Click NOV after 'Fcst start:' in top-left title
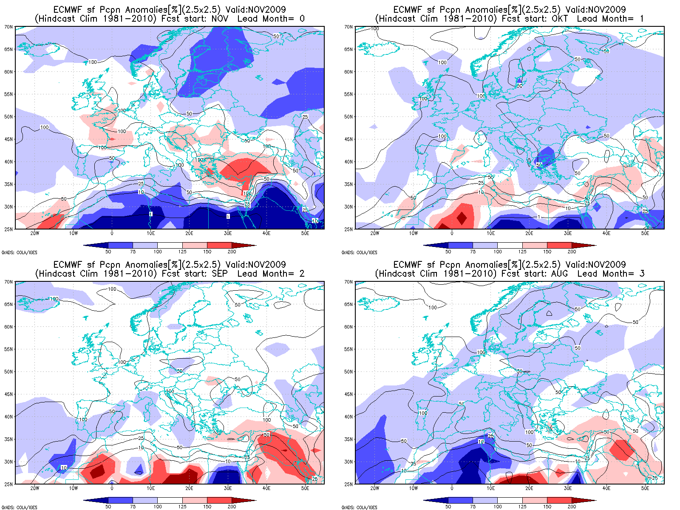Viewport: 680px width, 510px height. (x=220, y=19)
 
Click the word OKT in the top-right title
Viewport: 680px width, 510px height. (x=559, y=19)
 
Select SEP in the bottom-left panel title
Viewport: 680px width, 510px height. (x=220, y=274)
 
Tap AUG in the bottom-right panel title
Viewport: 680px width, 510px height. (x=559, y=274)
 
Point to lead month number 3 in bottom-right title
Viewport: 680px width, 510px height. (x=641, y=274)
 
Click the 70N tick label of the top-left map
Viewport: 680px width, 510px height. (x=8, y=27)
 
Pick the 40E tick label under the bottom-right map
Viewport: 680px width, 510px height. (x=606, y=488)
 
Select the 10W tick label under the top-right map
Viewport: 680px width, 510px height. (x=413, y=233)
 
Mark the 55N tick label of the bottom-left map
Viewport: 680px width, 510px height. (x=8, y=349)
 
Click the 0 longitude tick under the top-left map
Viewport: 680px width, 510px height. (x=112, y=233)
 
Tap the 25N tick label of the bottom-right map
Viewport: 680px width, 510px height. (x=348, y=484)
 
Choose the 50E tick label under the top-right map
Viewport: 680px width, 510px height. (x=645, y=233)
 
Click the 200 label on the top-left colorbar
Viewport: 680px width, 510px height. (x=232, y=252)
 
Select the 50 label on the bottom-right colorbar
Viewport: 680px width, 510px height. (x=448, y=507)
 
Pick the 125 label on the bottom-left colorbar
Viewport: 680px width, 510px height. (x=182, y=507)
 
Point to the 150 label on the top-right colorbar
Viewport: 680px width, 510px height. (x=547, y=252)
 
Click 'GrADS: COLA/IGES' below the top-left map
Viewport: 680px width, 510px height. (x=19, y=252)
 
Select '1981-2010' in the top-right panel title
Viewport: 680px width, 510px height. (x=470, y=19)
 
